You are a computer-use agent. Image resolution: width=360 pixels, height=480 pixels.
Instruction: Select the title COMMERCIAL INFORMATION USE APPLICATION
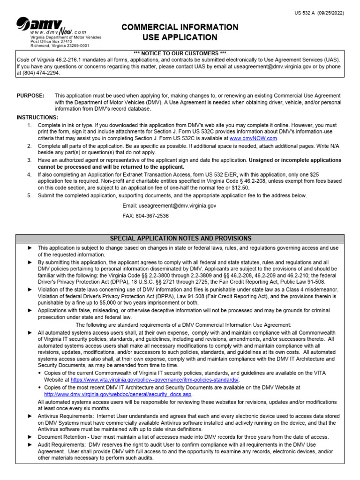pyautogui.click(x=180, y=32)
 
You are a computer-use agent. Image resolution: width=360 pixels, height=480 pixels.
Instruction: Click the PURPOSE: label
pyautogui.click(x=30, y=96)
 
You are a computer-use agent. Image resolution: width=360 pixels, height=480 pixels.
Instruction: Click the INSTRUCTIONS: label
pyautogui.click(x=37, y=117)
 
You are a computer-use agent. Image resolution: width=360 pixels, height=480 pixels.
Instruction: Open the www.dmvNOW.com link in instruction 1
pyautogui.click(x=253, y=138)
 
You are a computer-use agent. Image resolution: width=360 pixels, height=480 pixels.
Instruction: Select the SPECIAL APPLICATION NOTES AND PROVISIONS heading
pyautogui.click(x=180, y=239)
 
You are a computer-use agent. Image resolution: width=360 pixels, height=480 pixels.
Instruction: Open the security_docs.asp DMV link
pyautogui.click(x=115, y=394)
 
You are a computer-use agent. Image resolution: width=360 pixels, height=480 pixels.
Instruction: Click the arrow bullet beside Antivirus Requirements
pyautogui.click(x=30, y=416)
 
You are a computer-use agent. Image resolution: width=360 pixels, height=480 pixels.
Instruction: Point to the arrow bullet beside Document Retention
pyautogui.click(x=30, y=437)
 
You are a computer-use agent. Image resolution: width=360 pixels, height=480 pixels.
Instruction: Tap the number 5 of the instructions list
pyautogui.click(x=29, y=195)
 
